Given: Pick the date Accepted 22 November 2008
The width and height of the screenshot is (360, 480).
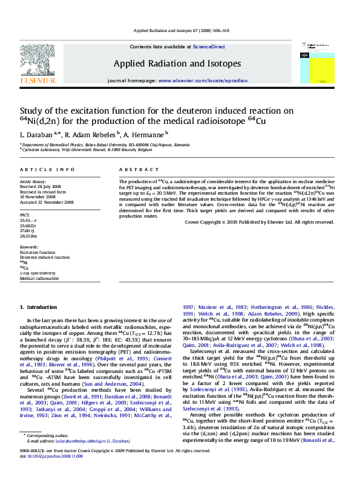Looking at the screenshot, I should [47, 202].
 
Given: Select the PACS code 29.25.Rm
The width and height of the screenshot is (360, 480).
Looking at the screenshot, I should [28, 236].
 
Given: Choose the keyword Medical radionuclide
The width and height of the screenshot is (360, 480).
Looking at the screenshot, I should [40, 279].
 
